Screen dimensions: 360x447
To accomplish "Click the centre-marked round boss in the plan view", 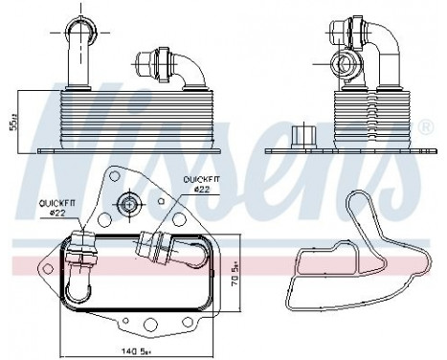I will tap(126, 202).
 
